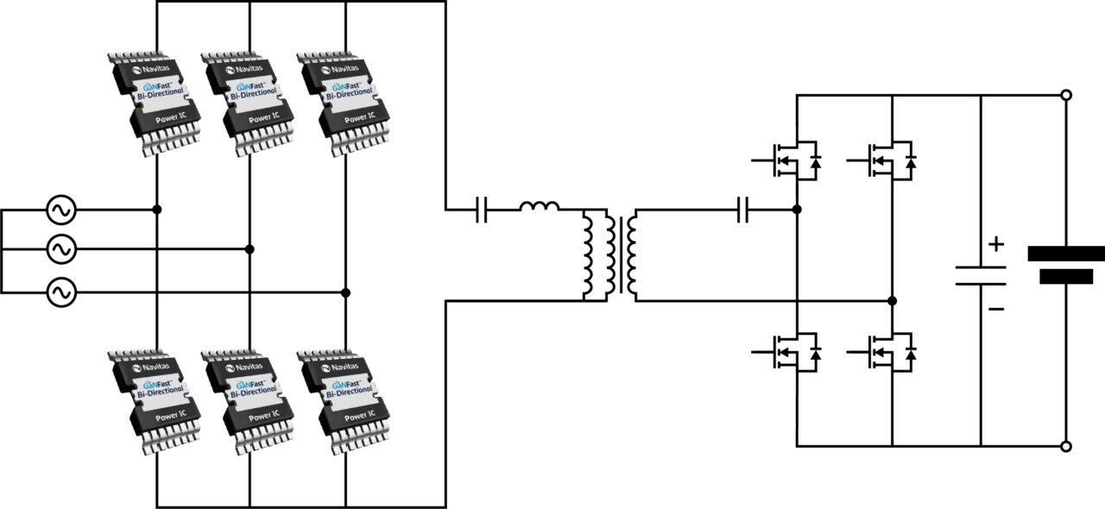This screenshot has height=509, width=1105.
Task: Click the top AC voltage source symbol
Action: click(61, 210)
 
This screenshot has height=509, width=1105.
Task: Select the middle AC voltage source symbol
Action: click(61, 249)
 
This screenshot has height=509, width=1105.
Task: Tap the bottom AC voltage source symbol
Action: click(61, 293)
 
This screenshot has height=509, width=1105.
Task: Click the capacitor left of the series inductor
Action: click(482, 210)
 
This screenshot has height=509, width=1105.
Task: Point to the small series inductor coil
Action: click(539, 207)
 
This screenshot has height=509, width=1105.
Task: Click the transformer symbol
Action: click(610, 255)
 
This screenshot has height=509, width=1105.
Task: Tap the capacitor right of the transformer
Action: click(743, 210)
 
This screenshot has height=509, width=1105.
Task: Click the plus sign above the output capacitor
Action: click(996, 244)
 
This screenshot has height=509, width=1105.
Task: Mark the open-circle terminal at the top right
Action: click(1066, 96)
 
